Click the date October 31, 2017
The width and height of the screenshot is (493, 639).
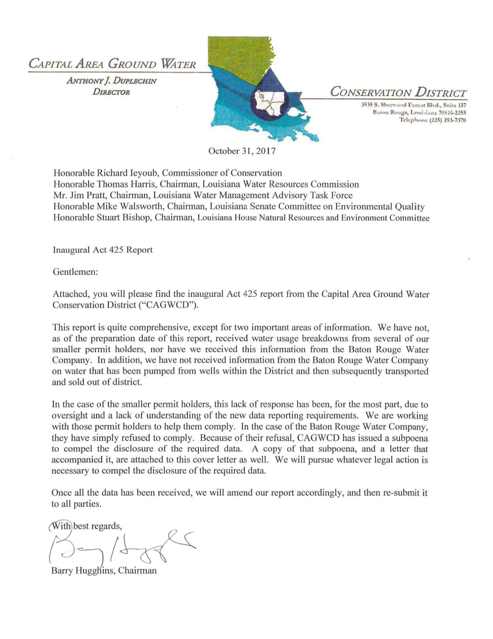242,151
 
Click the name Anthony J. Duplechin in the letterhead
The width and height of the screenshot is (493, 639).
111,81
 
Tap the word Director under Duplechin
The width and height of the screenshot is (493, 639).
111,92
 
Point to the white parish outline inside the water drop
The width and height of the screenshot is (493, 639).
270,103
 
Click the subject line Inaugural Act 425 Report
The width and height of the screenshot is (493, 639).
102,250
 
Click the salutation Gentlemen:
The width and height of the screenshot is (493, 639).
75,272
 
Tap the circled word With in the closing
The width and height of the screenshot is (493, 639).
60,526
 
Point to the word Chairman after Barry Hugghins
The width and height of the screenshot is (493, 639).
137,570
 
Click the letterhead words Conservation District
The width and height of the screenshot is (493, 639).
398,92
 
